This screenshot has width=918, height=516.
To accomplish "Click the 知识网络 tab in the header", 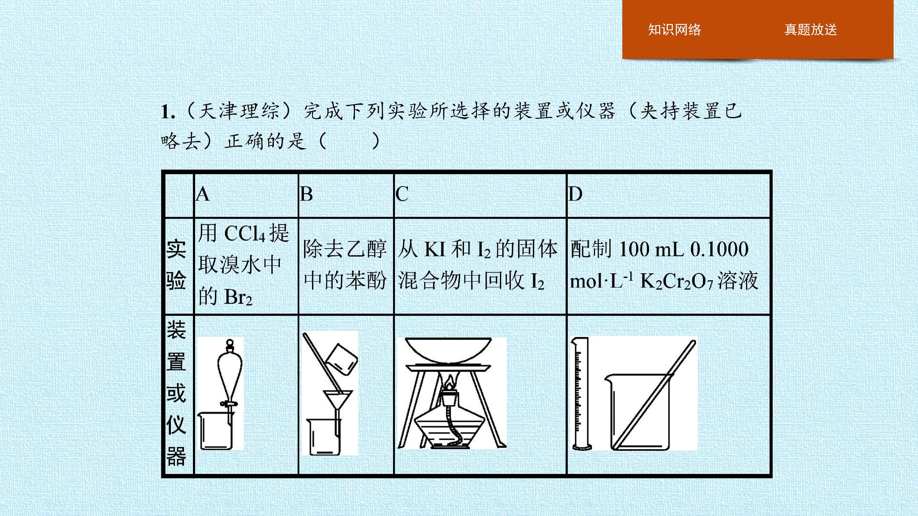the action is click(674, 30).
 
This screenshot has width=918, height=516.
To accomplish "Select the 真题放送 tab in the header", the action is click(810, 30).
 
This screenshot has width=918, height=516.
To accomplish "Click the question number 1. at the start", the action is click(168, 112).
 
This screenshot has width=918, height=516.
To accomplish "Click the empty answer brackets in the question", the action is click(349, 141).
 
